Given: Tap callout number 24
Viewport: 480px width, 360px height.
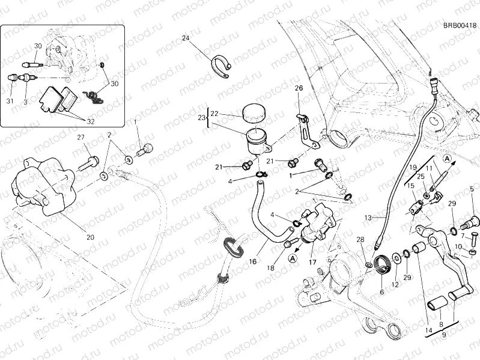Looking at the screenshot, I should point(186,38).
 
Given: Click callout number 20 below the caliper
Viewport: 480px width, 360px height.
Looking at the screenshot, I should point(90,237).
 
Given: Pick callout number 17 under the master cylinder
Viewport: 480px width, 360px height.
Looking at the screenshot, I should point(312,262).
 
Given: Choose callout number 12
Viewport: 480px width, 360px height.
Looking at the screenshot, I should point(395,284).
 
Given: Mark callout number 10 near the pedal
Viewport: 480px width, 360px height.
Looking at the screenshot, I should point(457,246).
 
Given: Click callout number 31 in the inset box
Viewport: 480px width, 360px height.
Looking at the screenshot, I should point(10,101).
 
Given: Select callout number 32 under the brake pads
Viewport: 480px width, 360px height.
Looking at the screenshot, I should point(90,121).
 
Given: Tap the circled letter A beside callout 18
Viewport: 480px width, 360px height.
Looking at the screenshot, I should point(292,258).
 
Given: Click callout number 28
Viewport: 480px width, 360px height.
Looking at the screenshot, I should point(360,240).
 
